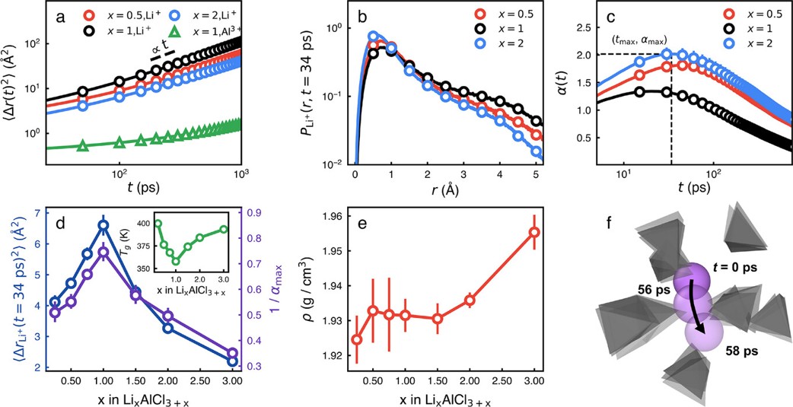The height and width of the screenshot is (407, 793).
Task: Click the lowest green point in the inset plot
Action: tap(176, 260)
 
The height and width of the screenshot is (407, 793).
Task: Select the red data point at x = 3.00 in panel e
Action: tap(534, 232)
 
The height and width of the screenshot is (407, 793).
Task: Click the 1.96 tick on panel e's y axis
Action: tap(330, 217)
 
